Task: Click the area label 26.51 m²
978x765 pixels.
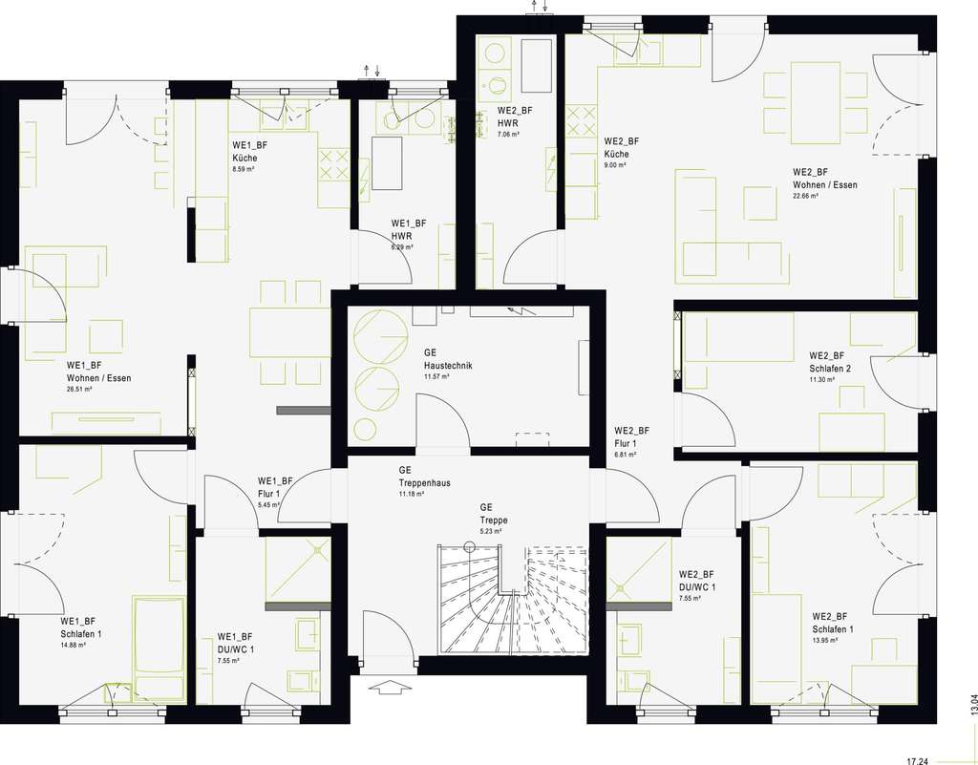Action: point(79,390)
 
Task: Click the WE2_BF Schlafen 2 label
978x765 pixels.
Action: point(830,361)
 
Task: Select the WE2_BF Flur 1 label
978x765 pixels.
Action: point(632,437)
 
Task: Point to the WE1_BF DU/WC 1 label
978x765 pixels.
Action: point(235,642)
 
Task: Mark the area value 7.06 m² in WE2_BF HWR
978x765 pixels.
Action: point(508,135)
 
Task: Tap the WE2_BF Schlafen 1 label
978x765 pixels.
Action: point(833,623)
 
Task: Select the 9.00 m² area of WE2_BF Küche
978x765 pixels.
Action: point(614,165)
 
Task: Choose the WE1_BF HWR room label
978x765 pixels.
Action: point(408,229)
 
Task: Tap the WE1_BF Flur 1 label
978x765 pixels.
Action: point(275,487)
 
